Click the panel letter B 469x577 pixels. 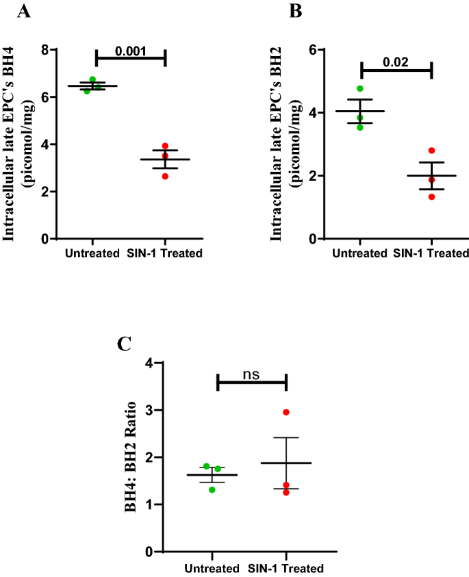[296, 11]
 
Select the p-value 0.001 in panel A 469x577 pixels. [130, 50]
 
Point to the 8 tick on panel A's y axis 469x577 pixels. [44, 50]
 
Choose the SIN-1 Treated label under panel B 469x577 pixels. [431, 253]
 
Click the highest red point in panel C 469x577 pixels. [286, 412]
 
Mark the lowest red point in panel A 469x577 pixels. [165, 176]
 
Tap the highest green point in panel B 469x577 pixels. [360, 88]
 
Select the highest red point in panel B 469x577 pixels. [431, 151]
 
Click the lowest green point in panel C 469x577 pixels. [212, 489]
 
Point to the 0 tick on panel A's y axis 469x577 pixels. [44, 239]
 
